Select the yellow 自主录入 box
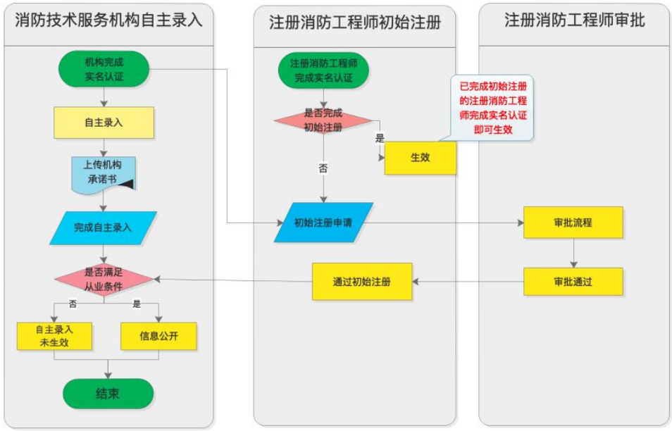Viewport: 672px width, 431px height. point(104,123)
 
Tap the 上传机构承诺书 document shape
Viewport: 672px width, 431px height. point(103,172)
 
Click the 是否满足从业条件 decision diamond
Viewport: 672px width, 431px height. point(104,280)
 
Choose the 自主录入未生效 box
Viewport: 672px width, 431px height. point(54,336)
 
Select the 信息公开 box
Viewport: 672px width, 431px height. point(158,336)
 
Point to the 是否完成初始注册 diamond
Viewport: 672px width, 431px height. point(323,120)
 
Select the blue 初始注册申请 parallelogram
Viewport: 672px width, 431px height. point(323,223)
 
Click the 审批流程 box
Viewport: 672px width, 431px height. point(573,223)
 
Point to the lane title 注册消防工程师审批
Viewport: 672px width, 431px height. point(574,20)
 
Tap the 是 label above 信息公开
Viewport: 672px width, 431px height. point(137,304)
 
